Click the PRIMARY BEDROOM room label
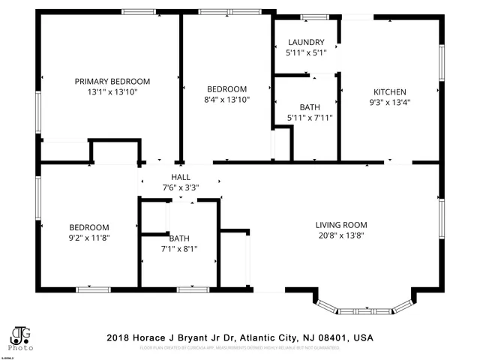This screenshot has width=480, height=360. (112, 82)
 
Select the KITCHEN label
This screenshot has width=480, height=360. (390, 91)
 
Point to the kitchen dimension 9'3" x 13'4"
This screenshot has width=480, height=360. (390, 102)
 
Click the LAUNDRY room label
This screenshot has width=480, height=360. (305, 43)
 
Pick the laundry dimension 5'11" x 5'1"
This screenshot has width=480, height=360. (305, 53)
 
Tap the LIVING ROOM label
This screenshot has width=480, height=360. (340, 225)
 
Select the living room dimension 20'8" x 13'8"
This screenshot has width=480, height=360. (340, 235)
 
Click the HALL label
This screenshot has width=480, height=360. (180, 177)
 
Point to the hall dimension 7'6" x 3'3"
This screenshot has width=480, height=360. (180, 187)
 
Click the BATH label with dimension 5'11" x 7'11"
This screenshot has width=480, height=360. (309, 107)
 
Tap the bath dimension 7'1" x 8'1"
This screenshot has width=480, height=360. (179, 249)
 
